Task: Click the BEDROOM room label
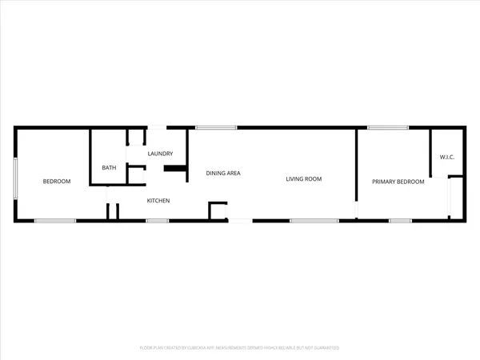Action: point(57,182)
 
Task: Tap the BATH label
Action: point(109,167)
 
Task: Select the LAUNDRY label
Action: point(161,154)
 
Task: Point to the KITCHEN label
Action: point(157,201)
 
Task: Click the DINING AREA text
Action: point(223,173)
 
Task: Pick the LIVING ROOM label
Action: point(304,179)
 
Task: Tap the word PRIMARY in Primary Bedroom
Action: point(385,182)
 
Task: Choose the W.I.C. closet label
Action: point(446,157)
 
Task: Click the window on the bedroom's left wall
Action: point(15,178)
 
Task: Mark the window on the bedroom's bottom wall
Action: point(55,220)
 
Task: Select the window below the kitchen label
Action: point(157,220)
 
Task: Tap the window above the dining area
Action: point(215,127)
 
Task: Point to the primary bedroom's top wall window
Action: point(387,127)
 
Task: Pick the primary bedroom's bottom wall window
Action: point(399,220)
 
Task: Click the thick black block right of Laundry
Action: point(174,168)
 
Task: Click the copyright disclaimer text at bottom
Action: point(240,348)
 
